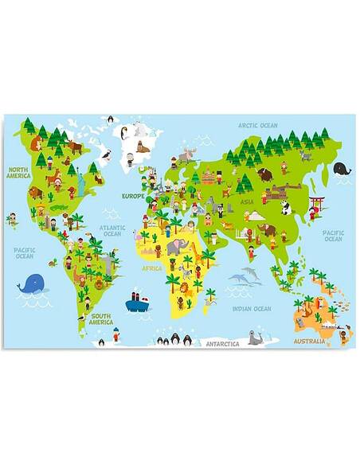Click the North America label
[x=19, y=173]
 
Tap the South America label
[x=100, y=319]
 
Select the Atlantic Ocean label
[x=112, y=231]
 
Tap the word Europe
[x=132, y=196]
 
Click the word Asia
[x=248, y=203]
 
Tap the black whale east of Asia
[x=342, y=169]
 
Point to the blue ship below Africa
[x=138, y=303]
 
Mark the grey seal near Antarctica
[x=256, y=338]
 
